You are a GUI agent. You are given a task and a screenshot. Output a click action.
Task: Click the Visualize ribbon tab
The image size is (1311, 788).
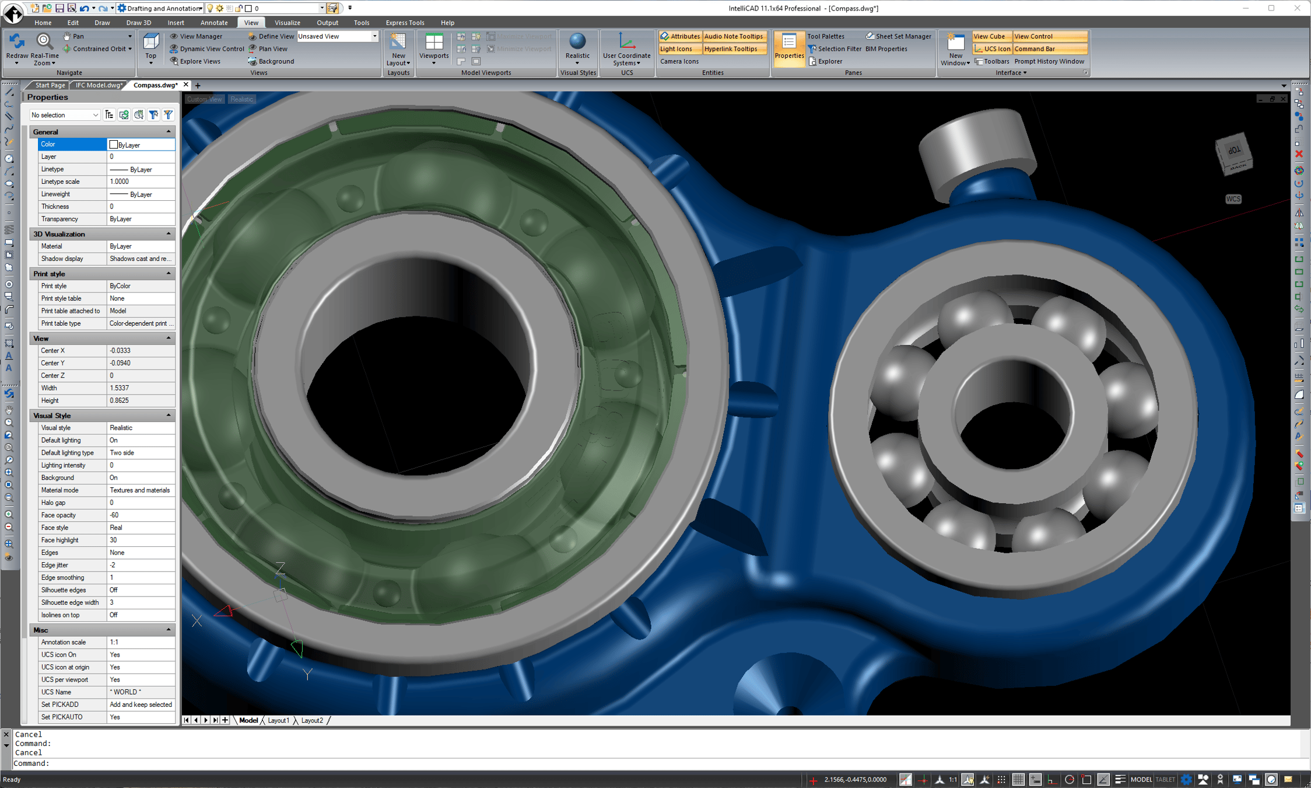pos(287,23)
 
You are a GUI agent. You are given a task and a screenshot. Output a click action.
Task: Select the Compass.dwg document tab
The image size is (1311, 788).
pos(155,85)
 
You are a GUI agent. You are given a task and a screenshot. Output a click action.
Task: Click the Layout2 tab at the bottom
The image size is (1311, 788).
pos(312,720)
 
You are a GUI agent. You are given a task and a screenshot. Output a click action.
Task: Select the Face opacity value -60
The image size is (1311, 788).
pos(141,515)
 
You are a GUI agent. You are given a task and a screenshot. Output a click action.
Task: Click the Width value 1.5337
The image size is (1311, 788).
pos(141,388)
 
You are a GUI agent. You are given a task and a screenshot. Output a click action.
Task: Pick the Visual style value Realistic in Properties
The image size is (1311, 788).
pos(141,428)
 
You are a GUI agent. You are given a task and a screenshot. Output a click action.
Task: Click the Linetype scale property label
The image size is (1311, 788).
pos(60,182)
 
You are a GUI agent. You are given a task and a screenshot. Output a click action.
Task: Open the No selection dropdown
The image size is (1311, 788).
pos(65,115)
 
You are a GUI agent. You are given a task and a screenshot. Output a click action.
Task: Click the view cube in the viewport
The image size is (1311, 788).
pos(1234,154)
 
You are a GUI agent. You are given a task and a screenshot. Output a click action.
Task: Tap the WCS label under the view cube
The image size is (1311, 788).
pos(1233,199)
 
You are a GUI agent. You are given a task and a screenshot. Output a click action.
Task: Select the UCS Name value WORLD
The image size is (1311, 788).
pos(141,692)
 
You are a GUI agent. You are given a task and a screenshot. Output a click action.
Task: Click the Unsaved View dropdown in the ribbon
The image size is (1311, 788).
pos(337,36)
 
